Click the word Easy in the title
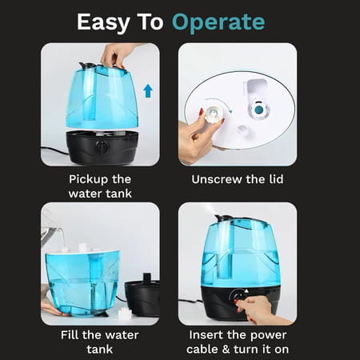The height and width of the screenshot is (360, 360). pyautogui.click(x=103, y=22)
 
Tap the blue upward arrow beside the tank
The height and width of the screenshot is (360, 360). pyautogui.click(x=147, y=90)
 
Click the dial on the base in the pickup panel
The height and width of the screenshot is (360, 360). pyautogui.click(x=101, y=147)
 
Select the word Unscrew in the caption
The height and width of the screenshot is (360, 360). pyautogui.click(x=216, y=178)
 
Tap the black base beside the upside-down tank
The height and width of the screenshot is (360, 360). pyautogui.click(x=143, y=296)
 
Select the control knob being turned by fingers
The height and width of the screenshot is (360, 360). pyautogui.click(x=239, y=298)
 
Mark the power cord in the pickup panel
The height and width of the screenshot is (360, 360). pyautogui.click(x=56, y=149)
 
